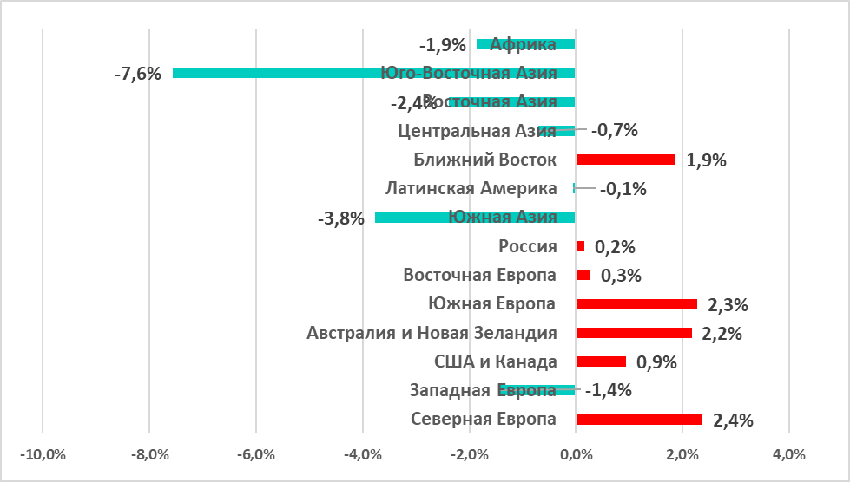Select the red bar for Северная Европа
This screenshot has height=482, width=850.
tap(639, 420)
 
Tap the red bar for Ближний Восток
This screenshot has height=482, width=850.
tap(625, 160)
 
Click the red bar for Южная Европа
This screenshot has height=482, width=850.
tap(636, 304)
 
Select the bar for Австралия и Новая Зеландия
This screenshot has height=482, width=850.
tap(634, 333)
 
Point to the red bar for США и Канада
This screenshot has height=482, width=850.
tap(601, 361)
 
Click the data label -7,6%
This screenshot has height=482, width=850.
tap(137, 74)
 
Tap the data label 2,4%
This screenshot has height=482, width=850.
tap(733, 420)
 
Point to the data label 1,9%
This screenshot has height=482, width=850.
tap(706, 160)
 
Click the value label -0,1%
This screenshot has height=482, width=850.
tap(623, 189)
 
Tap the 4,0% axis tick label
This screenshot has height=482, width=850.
tap(788, 454)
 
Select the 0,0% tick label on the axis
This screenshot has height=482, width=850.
tap(576, 454)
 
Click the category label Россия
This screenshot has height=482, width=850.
tap(528, 246)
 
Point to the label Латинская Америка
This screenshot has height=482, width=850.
tap(471, 188)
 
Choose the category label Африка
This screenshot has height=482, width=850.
tap(524, 44)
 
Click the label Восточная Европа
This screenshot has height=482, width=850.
tap(480, 275)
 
